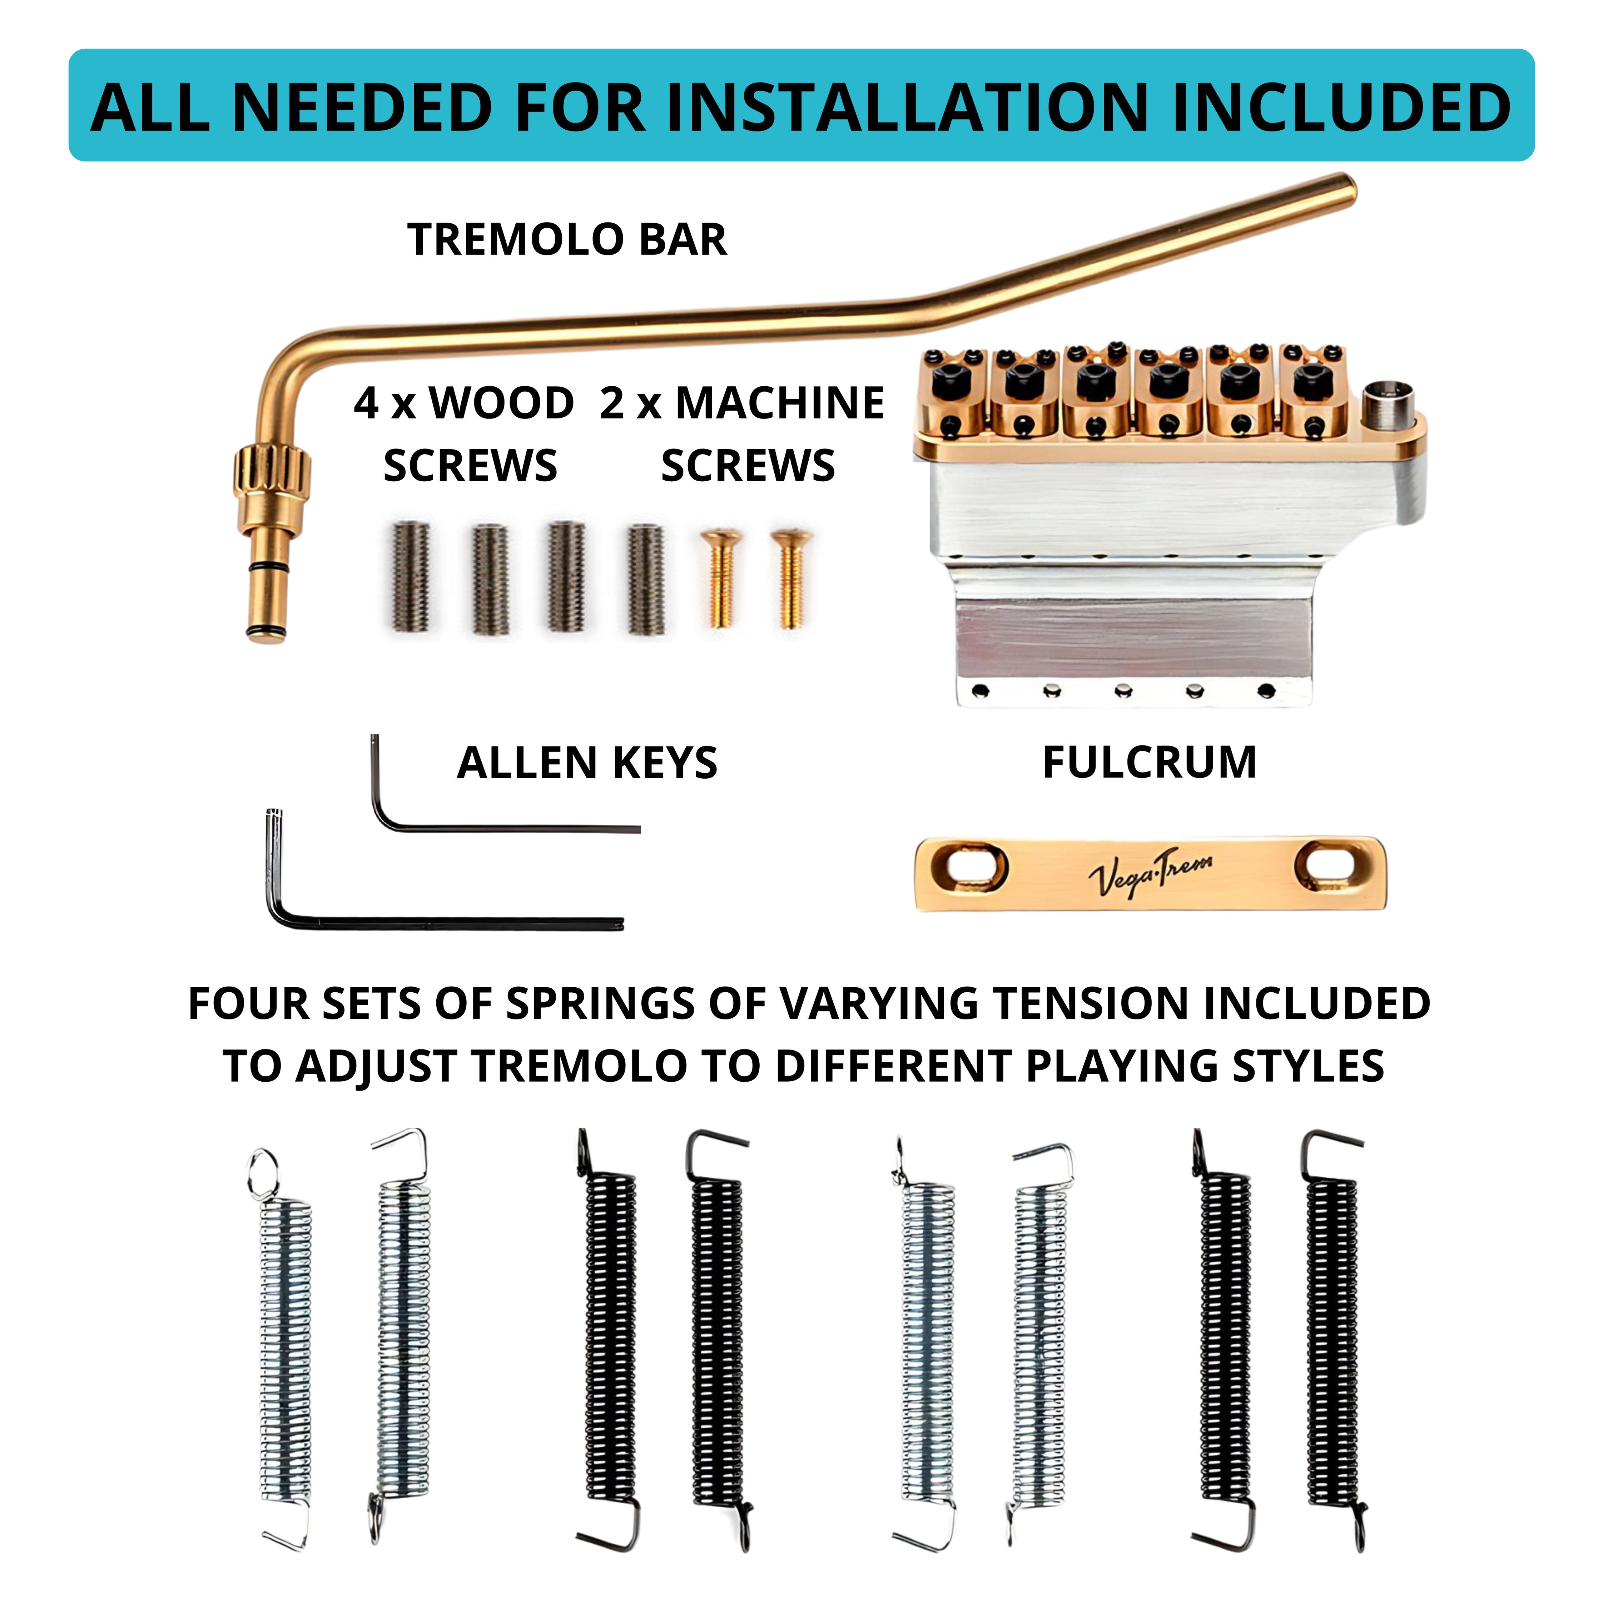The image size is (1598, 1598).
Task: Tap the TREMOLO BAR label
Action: [567, 240]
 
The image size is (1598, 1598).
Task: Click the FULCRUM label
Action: [1150, 763]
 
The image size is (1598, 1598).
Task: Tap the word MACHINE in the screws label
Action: [779, 404]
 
